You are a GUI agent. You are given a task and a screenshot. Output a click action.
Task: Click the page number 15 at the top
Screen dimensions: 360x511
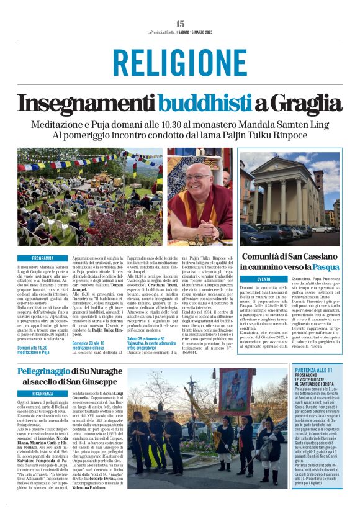click(180, 24)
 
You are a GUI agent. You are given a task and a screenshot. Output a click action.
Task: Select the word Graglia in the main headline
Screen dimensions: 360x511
click(301, 102)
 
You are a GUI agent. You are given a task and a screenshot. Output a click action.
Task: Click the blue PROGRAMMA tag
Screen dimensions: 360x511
click(43, 258)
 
